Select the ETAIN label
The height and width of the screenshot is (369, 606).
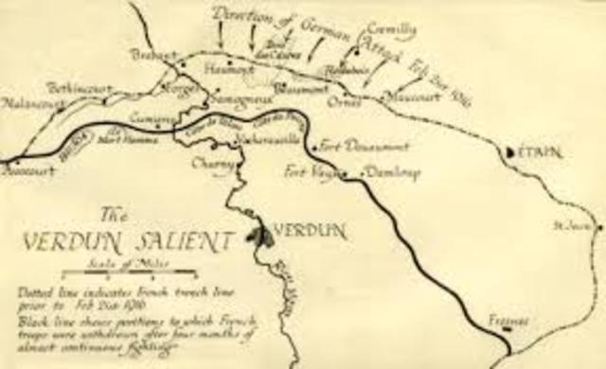542,150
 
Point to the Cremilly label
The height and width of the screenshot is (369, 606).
389,30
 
